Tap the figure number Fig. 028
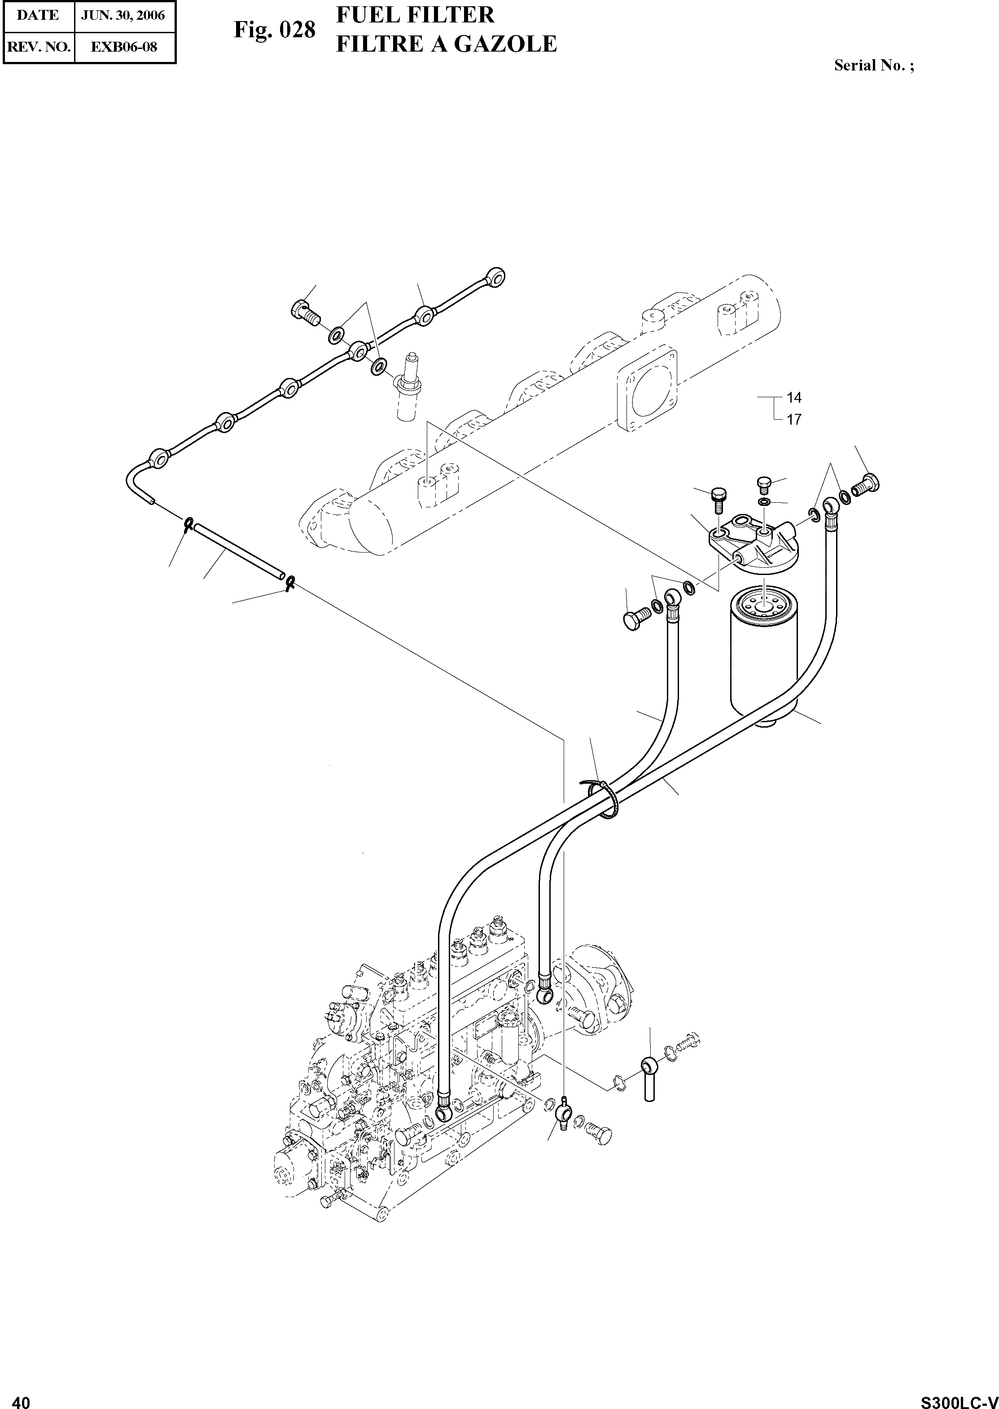click(274, 30)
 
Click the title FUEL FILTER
click(415, 15)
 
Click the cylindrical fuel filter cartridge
click(763, 655)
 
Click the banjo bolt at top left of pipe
click(306, 312)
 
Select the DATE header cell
click(38, 15)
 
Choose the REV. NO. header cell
click(38, 46)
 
